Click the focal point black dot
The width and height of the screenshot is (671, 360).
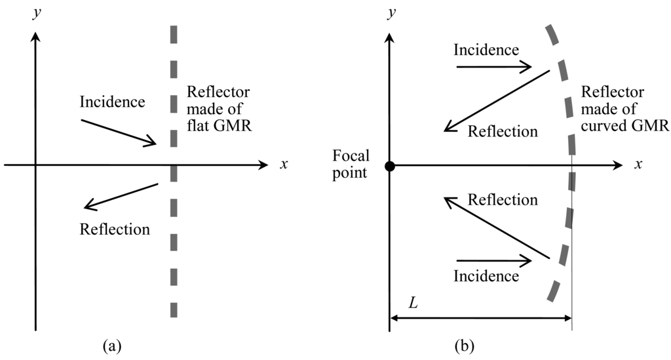[390, 166]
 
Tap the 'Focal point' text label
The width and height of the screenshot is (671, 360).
[351, 164]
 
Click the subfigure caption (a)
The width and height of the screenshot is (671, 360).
[109, 344]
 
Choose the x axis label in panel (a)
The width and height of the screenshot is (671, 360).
[283, 165]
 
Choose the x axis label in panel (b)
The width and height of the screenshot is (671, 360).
[636, 165]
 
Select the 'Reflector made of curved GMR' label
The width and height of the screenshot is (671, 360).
[624, 110]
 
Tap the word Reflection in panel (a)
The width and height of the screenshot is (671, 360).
[114, 230]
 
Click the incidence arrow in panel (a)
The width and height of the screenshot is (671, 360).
[119, 132]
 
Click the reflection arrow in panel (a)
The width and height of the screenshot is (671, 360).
[122, 197]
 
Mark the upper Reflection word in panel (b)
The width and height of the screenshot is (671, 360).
[503, 131]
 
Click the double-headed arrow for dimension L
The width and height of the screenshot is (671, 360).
[481, 319]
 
